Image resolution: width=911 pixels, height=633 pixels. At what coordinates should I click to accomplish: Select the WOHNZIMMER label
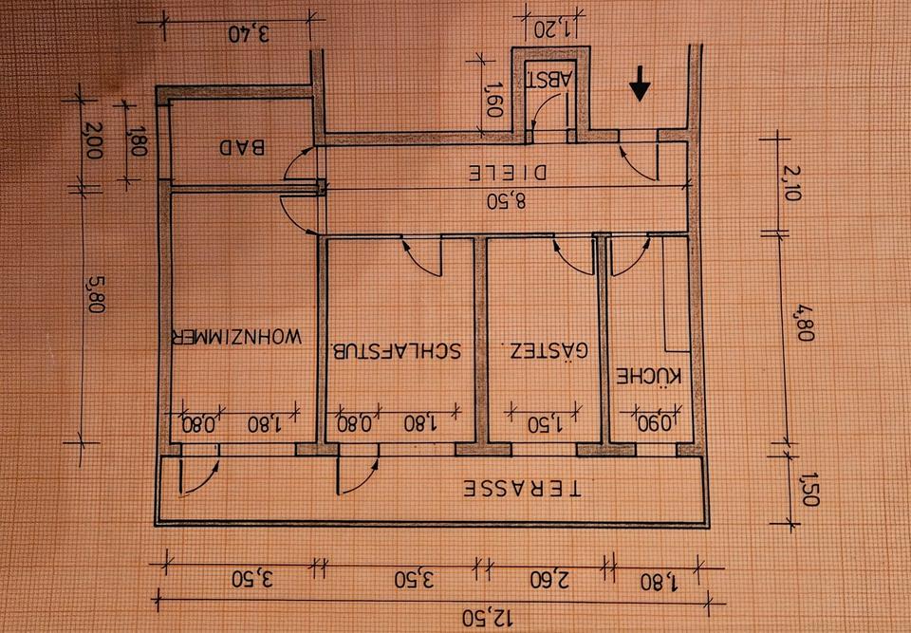point(236,337)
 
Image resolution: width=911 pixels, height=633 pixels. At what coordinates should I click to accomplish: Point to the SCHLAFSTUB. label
point(396,350)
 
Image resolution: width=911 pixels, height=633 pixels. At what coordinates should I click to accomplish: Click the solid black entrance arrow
point(641,87)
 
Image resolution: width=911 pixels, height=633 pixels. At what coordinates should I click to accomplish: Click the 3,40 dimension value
point(250,34)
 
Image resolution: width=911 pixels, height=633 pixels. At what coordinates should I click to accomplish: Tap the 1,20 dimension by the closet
point(550,26)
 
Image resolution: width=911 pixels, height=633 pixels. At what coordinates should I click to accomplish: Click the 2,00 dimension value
point(92,141)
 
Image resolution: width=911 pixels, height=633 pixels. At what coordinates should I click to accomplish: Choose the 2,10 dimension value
point(794,184)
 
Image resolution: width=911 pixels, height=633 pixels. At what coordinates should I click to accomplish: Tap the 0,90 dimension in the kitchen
point(654,422)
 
